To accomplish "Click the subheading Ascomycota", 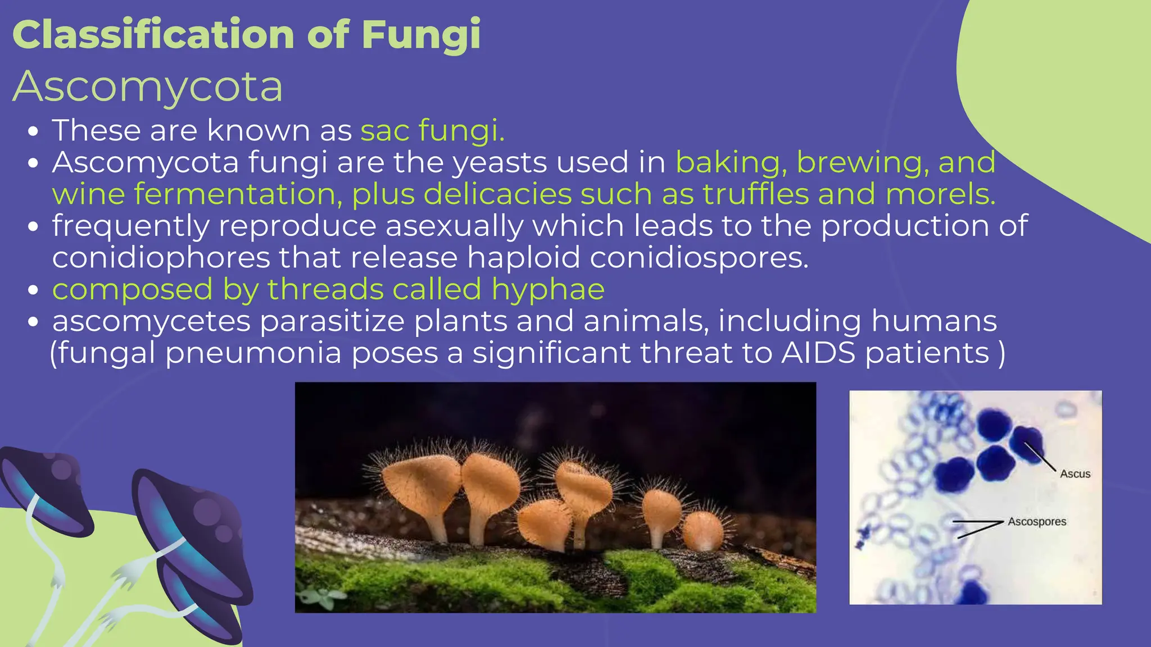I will (x=148, y=86).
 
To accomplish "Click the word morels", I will (x=940, y=194).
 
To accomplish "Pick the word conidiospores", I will (x=699, y=258).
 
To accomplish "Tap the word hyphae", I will (x=548, y=290).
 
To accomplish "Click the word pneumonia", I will (x=253, y=353).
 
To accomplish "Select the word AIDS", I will (x=818, y=353).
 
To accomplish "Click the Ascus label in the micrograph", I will (x=1075, y=474).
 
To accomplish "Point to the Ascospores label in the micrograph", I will (x=1037, y=522).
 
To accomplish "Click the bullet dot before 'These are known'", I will (x=34, y=132).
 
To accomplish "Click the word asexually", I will (x=455, y=226).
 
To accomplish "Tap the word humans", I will (x=934, y=322).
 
